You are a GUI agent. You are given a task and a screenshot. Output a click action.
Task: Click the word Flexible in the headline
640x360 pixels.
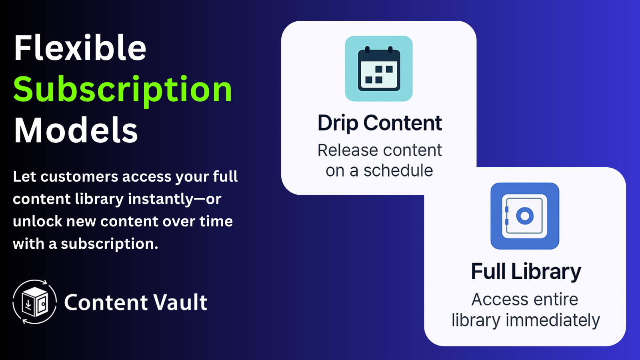(80, 48)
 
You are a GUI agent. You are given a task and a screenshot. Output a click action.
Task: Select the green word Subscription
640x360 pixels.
(122, 90)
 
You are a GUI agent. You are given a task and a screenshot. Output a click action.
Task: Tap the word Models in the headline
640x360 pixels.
(76, 130)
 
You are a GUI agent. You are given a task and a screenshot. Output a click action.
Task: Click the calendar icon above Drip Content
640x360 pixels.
(379, 69)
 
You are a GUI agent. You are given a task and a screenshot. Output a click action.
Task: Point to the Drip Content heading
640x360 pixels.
(380, 123)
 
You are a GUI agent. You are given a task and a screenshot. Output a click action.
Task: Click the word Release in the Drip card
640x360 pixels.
(342, 150)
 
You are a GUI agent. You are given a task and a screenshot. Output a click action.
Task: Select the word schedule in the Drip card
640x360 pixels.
(398, 171)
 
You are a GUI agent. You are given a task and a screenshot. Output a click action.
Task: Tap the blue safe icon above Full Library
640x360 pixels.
(524, 216)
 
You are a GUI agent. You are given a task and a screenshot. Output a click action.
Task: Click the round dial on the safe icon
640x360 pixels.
(525, 216)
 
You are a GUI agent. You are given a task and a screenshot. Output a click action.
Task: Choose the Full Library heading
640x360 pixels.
(526, 272)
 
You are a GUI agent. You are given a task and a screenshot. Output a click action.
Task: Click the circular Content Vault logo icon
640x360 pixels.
(35, 302)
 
